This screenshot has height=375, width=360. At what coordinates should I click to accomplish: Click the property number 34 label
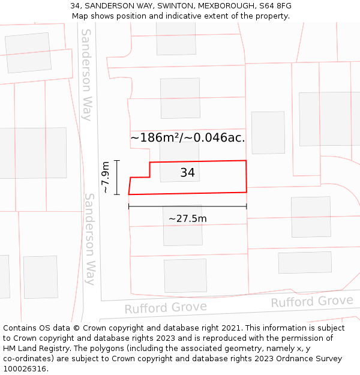click(187, 173)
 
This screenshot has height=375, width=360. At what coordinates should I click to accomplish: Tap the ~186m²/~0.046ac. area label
click(187, 137)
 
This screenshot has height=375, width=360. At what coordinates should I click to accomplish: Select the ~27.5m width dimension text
click(187, 218)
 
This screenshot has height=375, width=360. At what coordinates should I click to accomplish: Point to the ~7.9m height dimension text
click(105, 177)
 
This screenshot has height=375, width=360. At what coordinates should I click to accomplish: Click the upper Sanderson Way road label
click(87, 74)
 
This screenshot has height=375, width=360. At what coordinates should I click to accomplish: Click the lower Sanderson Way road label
click(89, 238)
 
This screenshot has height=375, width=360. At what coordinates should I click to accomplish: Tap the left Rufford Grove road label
click(166, 308)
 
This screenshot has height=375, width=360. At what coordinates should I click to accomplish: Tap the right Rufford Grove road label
click(312, 301)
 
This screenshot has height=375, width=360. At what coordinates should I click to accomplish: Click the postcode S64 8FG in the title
click(276, 6)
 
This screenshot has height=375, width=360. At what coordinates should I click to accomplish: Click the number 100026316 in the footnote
click(25, 368)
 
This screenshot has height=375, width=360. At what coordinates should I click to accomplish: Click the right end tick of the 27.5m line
click(246, 207)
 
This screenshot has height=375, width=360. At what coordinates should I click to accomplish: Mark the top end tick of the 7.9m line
click(117, 161)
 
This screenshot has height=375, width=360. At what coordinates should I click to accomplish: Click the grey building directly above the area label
click(180, 98)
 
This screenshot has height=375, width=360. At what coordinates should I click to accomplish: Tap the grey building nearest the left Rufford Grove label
click(185, 275)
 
